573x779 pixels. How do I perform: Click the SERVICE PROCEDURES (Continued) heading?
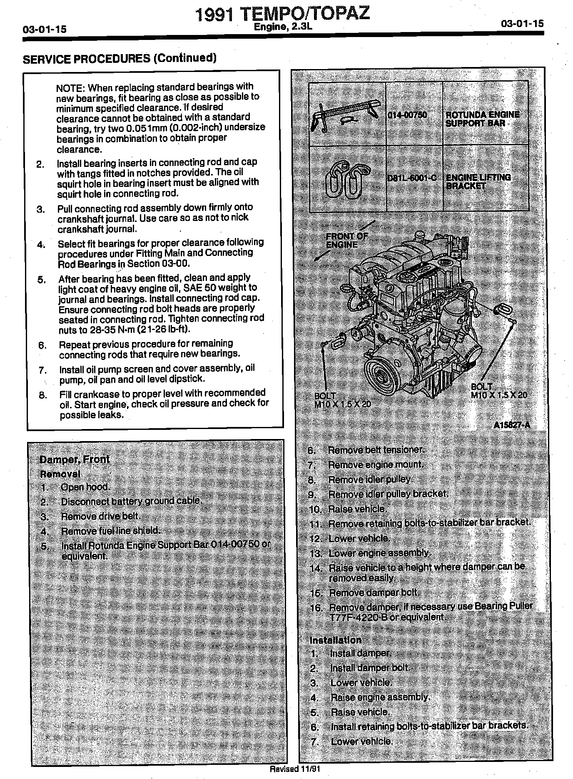point(120,58)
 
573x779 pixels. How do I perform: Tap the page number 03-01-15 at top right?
point(523,24)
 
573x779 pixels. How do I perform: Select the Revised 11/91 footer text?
point(295,769)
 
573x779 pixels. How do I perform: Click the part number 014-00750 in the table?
point(407,115)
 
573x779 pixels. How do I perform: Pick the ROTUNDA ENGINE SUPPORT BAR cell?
point(482,119)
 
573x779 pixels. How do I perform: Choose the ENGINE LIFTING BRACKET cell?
point(478,182)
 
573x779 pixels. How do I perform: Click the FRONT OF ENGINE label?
point(346,241)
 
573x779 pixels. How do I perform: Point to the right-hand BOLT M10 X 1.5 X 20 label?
point(498,391)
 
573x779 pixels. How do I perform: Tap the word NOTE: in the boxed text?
point(71,88)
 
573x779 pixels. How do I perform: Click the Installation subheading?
point(335,640)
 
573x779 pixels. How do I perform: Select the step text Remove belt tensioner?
point(376,450)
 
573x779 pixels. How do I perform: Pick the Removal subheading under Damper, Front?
point(60,474)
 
